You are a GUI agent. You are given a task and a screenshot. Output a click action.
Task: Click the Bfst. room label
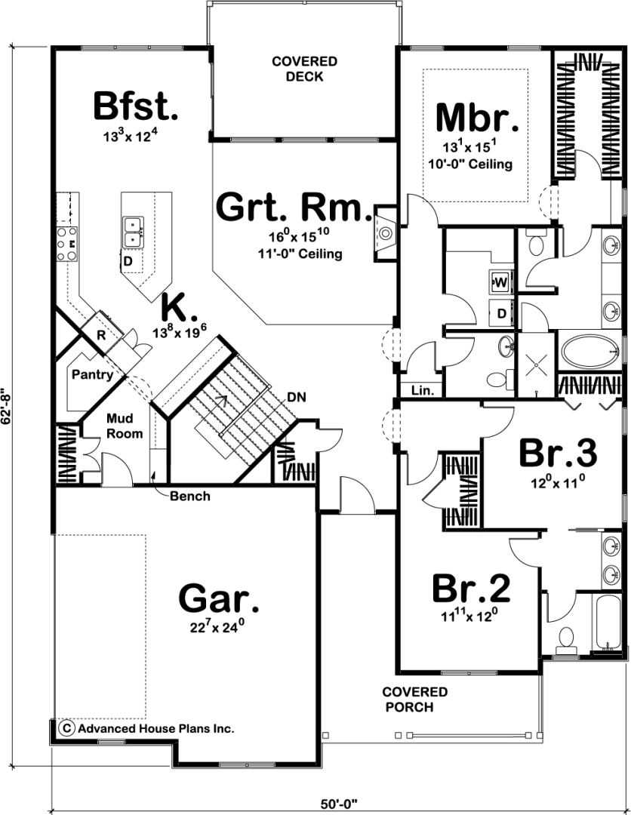pos(136,106)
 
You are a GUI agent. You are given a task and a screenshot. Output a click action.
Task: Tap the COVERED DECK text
pos(305,69)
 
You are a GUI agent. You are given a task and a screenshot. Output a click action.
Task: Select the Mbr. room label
pos(477,118)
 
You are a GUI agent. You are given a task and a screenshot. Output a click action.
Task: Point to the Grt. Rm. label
pos(294,207)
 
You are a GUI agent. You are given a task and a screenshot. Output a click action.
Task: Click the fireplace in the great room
pos(385,233)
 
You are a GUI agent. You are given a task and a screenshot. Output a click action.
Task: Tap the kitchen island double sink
pos(133,232)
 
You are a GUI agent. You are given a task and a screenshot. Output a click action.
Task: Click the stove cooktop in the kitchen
pos(67,243)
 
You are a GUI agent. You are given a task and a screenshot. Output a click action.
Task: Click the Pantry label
pos(92,374)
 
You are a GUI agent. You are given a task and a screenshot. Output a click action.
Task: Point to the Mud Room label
pos(125,426)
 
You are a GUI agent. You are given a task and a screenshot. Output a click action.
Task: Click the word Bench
pos(190,496)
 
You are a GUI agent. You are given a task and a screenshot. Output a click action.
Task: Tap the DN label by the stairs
pos(297,398)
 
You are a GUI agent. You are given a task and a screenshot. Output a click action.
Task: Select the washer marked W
pos(500,282)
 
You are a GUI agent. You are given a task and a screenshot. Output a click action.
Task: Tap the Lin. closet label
pos(423,390)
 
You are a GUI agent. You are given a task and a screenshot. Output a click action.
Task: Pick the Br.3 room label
pos(559,454)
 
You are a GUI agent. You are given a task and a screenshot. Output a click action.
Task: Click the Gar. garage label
pos(218,598)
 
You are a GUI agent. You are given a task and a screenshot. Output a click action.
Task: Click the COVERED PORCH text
pos(414,699)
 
